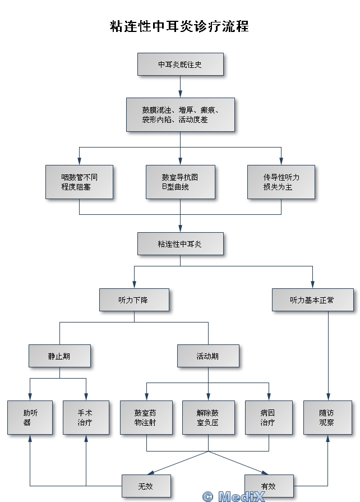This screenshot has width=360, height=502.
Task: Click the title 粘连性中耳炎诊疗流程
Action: coord(179,26)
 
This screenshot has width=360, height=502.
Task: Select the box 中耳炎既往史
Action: coord(180,64)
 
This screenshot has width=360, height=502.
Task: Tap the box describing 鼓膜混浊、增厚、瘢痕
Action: coord(180,114)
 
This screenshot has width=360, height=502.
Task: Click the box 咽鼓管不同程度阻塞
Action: coord(79,182)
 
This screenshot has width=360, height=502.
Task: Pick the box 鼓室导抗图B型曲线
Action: coord(180,182)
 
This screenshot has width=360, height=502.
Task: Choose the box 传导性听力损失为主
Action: coord(281,182)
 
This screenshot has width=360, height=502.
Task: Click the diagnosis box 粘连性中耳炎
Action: coord(180,243)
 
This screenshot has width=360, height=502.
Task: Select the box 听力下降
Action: coord(134,300)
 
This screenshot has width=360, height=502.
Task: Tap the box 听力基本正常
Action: coord(312,300)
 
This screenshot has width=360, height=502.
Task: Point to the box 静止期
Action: coord(59,356)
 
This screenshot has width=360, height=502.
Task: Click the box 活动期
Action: coord(208,356)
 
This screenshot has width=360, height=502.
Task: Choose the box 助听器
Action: coord(30,417)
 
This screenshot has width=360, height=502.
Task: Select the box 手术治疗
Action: coord(86,417)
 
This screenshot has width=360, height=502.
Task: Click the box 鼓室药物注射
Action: coord(146,417)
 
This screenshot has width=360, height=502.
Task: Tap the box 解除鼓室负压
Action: coord(208,417)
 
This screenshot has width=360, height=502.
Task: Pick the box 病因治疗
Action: coord(269,417)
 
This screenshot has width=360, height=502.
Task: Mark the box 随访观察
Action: coord(327,417)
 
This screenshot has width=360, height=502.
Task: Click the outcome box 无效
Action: coord(146,486)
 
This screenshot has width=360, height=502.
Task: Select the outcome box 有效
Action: coord(269,486)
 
